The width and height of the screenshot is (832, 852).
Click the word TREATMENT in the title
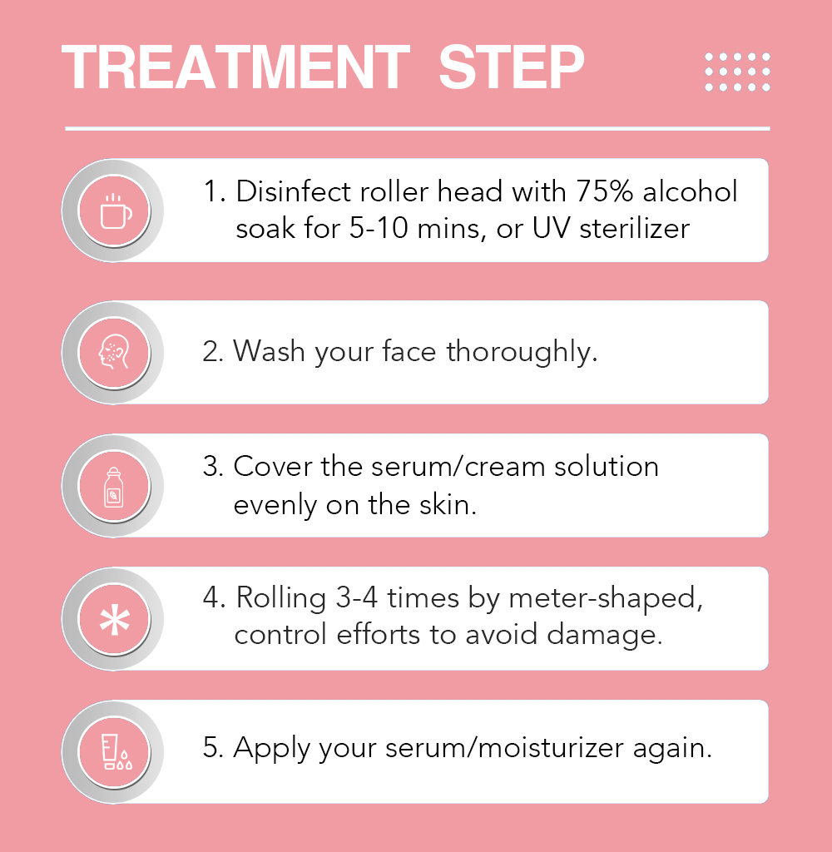click(x=235, y=67)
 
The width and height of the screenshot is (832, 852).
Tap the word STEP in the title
click(x=512, y=67)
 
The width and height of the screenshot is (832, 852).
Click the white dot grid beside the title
click(x=737, y=72)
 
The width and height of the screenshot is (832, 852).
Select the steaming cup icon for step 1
click(x=116, y=211)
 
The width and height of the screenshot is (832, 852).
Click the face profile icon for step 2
click(x=114, y=353)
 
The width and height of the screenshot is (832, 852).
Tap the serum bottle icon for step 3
click(x=114, y=487)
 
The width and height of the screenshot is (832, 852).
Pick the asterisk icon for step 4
click(x=115, y=620)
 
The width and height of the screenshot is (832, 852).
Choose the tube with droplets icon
click(x=116, y=752)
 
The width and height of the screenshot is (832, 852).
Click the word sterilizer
click(x=634, y=228)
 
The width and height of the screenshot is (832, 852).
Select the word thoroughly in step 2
click(x=522, y=352)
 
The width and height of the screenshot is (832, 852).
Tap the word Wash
click(x=269, y=351)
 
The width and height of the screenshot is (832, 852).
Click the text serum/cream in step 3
click(x=458, y=467)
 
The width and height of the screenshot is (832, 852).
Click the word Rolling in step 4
click(x=281, y=599)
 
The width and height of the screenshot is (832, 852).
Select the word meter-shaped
click(x=606, y=599)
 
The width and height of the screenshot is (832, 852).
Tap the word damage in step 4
click(x=604, y=636)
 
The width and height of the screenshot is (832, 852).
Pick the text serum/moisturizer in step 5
click(x=504, y=748)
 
